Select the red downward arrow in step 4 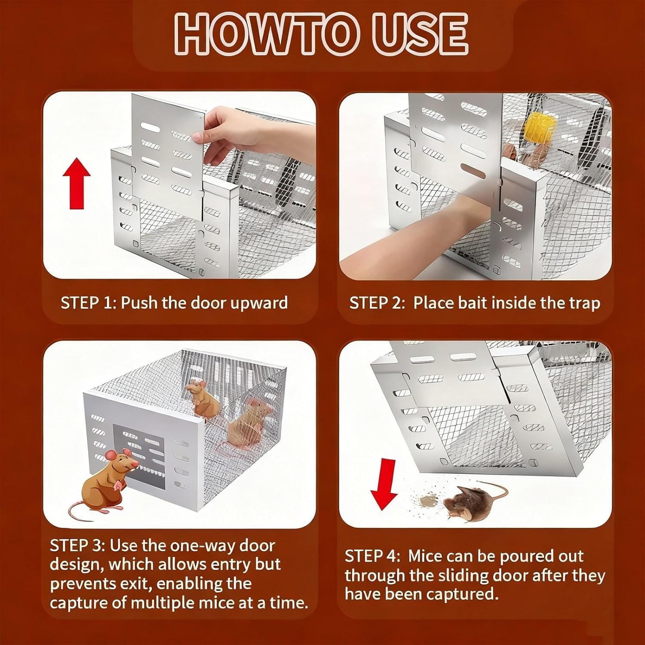point(384,484)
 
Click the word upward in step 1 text point(259,303)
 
